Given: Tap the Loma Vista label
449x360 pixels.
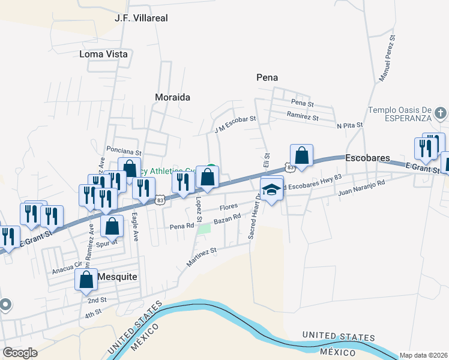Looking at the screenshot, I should pyautogui.click(x=103, y=54).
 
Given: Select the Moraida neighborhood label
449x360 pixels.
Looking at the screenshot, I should pyautogui.click(x=172, y=97).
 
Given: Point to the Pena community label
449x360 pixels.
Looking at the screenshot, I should pyautogui.click(x=267, y=77).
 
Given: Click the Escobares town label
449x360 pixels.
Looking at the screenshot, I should pyautogui.click(x=368, y=158).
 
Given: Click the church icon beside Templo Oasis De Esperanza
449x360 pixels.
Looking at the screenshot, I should pyautogui.click(x=440, y=113).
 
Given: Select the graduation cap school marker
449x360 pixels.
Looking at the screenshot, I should pyautogui.click(x=272, y=190).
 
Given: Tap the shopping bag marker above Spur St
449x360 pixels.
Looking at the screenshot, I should pyautogui.click(x=112, y=226).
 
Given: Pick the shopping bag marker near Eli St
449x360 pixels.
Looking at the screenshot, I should pyautogui.click(x=302, y=155).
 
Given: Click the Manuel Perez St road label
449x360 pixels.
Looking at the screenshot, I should pyautogui.click(x=387, y=58).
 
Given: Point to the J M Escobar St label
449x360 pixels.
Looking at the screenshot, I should pyautogui.click(x=235, y=125).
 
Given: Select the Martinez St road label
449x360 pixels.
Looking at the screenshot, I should pyautogui.click(x=201, y=255).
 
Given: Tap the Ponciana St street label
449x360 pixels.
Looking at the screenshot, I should pyautogui.click(x=123, y=152).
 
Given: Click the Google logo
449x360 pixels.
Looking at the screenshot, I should pyautogui.click(x=20, y=353).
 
